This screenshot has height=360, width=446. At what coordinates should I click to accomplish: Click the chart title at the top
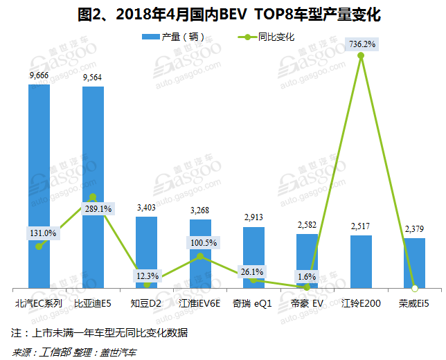pyautogui.click(x=223, y=14)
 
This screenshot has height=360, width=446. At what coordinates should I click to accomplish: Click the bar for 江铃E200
pyautogui.click(x=361, y=262)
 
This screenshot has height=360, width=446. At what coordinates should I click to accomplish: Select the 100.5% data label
pyautogui.click(x=204, y=243)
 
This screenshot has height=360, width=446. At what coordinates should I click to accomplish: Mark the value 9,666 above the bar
pyautogui.click(x=39, y=75)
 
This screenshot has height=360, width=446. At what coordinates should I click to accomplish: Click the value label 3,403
pyautogui.click(x=146, y=207)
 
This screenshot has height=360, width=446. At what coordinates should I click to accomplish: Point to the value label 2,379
pyautogui.click(x=414, y=228)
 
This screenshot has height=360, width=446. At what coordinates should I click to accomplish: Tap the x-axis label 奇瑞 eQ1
pyautogui.click(x=253, y=303)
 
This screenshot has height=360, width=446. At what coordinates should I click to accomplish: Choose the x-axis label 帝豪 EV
pyautogui.click(x=307, y=303)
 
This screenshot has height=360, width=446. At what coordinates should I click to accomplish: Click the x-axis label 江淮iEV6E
pyautogui.click(x=199, y=303)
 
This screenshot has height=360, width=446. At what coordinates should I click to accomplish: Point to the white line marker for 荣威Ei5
pyautogui.click(x=414, y=288)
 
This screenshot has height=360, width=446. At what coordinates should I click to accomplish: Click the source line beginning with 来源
pyautogui.click(x=75, y=350)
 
